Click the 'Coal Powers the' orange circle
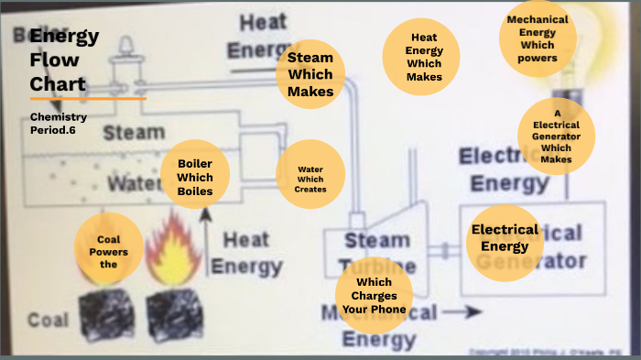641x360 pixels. tap(109, 247)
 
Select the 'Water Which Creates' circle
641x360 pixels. tap(310, 174)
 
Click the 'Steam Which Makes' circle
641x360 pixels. tap(310, 74)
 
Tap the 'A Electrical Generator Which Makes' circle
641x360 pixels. tap(556, 136)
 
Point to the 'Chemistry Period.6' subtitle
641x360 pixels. tap(58, 123)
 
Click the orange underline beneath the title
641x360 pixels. tap(88, 98)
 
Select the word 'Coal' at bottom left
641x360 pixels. tap(48, 320)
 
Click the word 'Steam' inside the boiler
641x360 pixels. tap(133, 134)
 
